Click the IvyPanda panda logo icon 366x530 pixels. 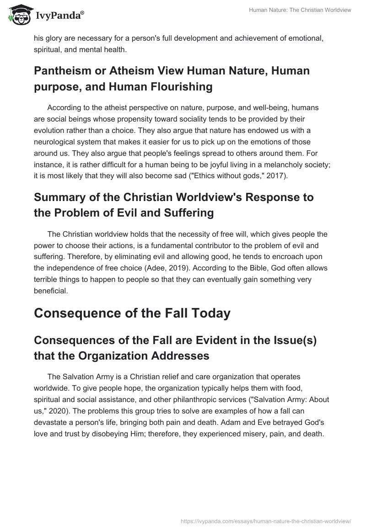16,15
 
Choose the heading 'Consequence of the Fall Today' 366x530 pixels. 132,313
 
